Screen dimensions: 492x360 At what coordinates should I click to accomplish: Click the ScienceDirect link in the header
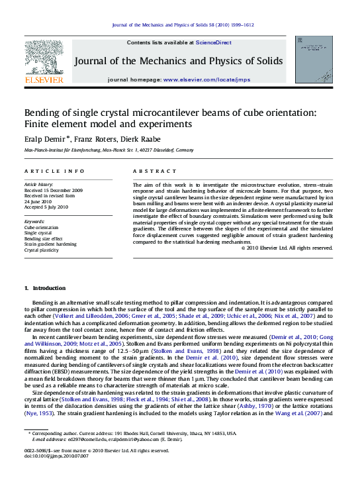tap(212, 42)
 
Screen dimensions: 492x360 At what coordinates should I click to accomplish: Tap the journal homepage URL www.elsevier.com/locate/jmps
tap(207, 79)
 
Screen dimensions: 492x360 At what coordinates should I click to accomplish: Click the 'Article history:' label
tap(38, 183)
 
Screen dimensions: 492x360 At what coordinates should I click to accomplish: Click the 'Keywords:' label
tap(34, 221)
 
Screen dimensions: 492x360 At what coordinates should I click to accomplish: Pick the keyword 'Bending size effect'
tap(44, 238)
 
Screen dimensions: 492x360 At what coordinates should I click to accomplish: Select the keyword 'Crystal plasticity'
tap(42, 250)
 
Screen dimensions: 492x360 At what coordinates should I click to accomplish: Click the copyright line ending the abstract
tap(286, 248)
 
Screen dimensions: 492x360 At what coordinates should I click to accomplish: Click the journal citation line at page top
tap(183, 25)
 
